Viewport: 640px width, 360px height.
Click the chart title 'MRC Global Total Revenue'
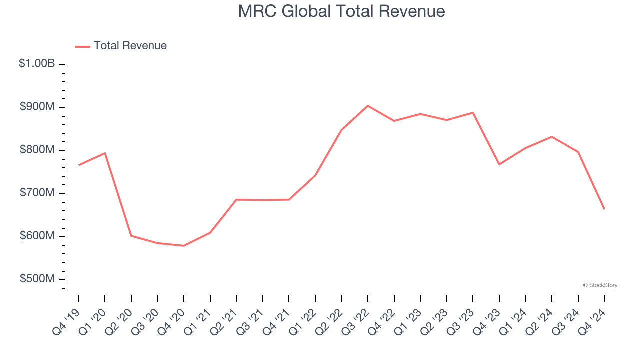pos(341,11)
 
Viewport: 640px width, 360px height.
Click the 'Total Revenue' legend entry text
pos(130,46)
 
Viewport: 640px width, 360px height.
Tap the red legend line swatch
pos(82,46)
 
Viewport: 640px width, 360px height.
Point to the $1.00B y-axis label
pos(37,64)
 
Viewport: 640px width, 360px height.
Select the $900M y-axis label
pos(37,107)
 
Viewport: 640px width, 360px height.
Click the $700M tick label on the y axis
pos(37,193)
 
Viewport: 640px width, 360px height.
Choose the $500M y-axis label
pos(37,279)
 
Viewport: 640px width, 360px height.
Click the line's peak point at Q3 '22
pos(368,106)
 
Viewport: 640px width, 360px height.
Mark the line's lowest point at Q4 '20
pos(184,246)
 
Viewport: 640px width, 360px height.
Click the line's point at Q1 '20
pos(105,153)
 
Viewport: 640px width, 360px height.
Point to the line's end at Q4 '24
pos(604,209)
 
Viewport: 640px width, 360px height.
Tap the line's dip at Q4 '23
pos(499,164)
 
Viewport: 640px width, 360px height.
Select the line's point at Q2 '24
pos(552,136)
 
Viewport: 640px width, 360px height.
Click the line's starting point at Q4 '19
pos(79,165)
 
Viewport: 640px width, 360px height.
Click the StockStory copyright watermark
pos(600,285)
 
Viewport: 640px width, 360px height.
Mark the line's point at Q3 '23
pos(473,112)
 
